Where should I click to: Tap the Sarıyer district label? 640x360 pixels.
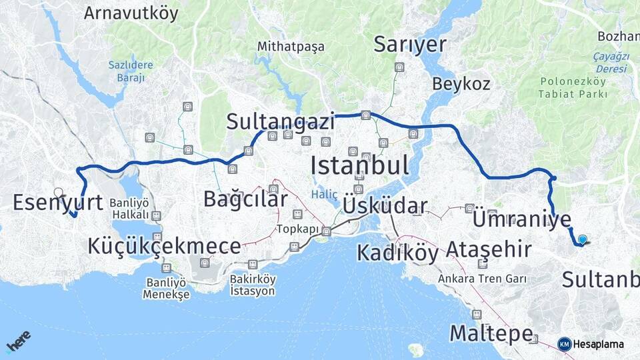coord(409,45)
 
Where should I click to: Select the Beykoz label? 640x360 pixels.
coord(461,85)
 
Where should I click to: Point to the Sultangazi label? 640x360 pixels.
coord(280,121)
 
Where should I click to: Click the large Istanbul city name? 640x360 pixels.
coord(359,165)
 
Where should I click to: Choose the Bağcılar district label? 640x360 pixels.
coord(245,199)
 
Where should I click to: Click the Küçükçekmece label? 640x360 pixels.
coord(164,246)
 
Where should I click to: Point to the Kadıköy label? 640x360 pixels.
coord(397,253)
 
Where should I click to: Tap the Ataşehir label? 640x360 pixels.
coord(488,250)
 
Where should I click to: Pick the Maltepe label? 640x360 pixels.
coord(491,333)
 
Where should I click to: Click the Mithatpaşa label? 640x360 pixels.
coord(291,47)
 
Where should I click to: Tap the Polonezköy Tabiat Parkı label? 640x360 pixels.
coord(573,87)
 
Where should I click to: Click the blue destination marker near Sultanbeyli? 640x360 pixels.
coord(583,240)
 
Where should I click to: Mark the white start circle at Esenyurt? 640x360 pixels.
coord(59,193)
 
